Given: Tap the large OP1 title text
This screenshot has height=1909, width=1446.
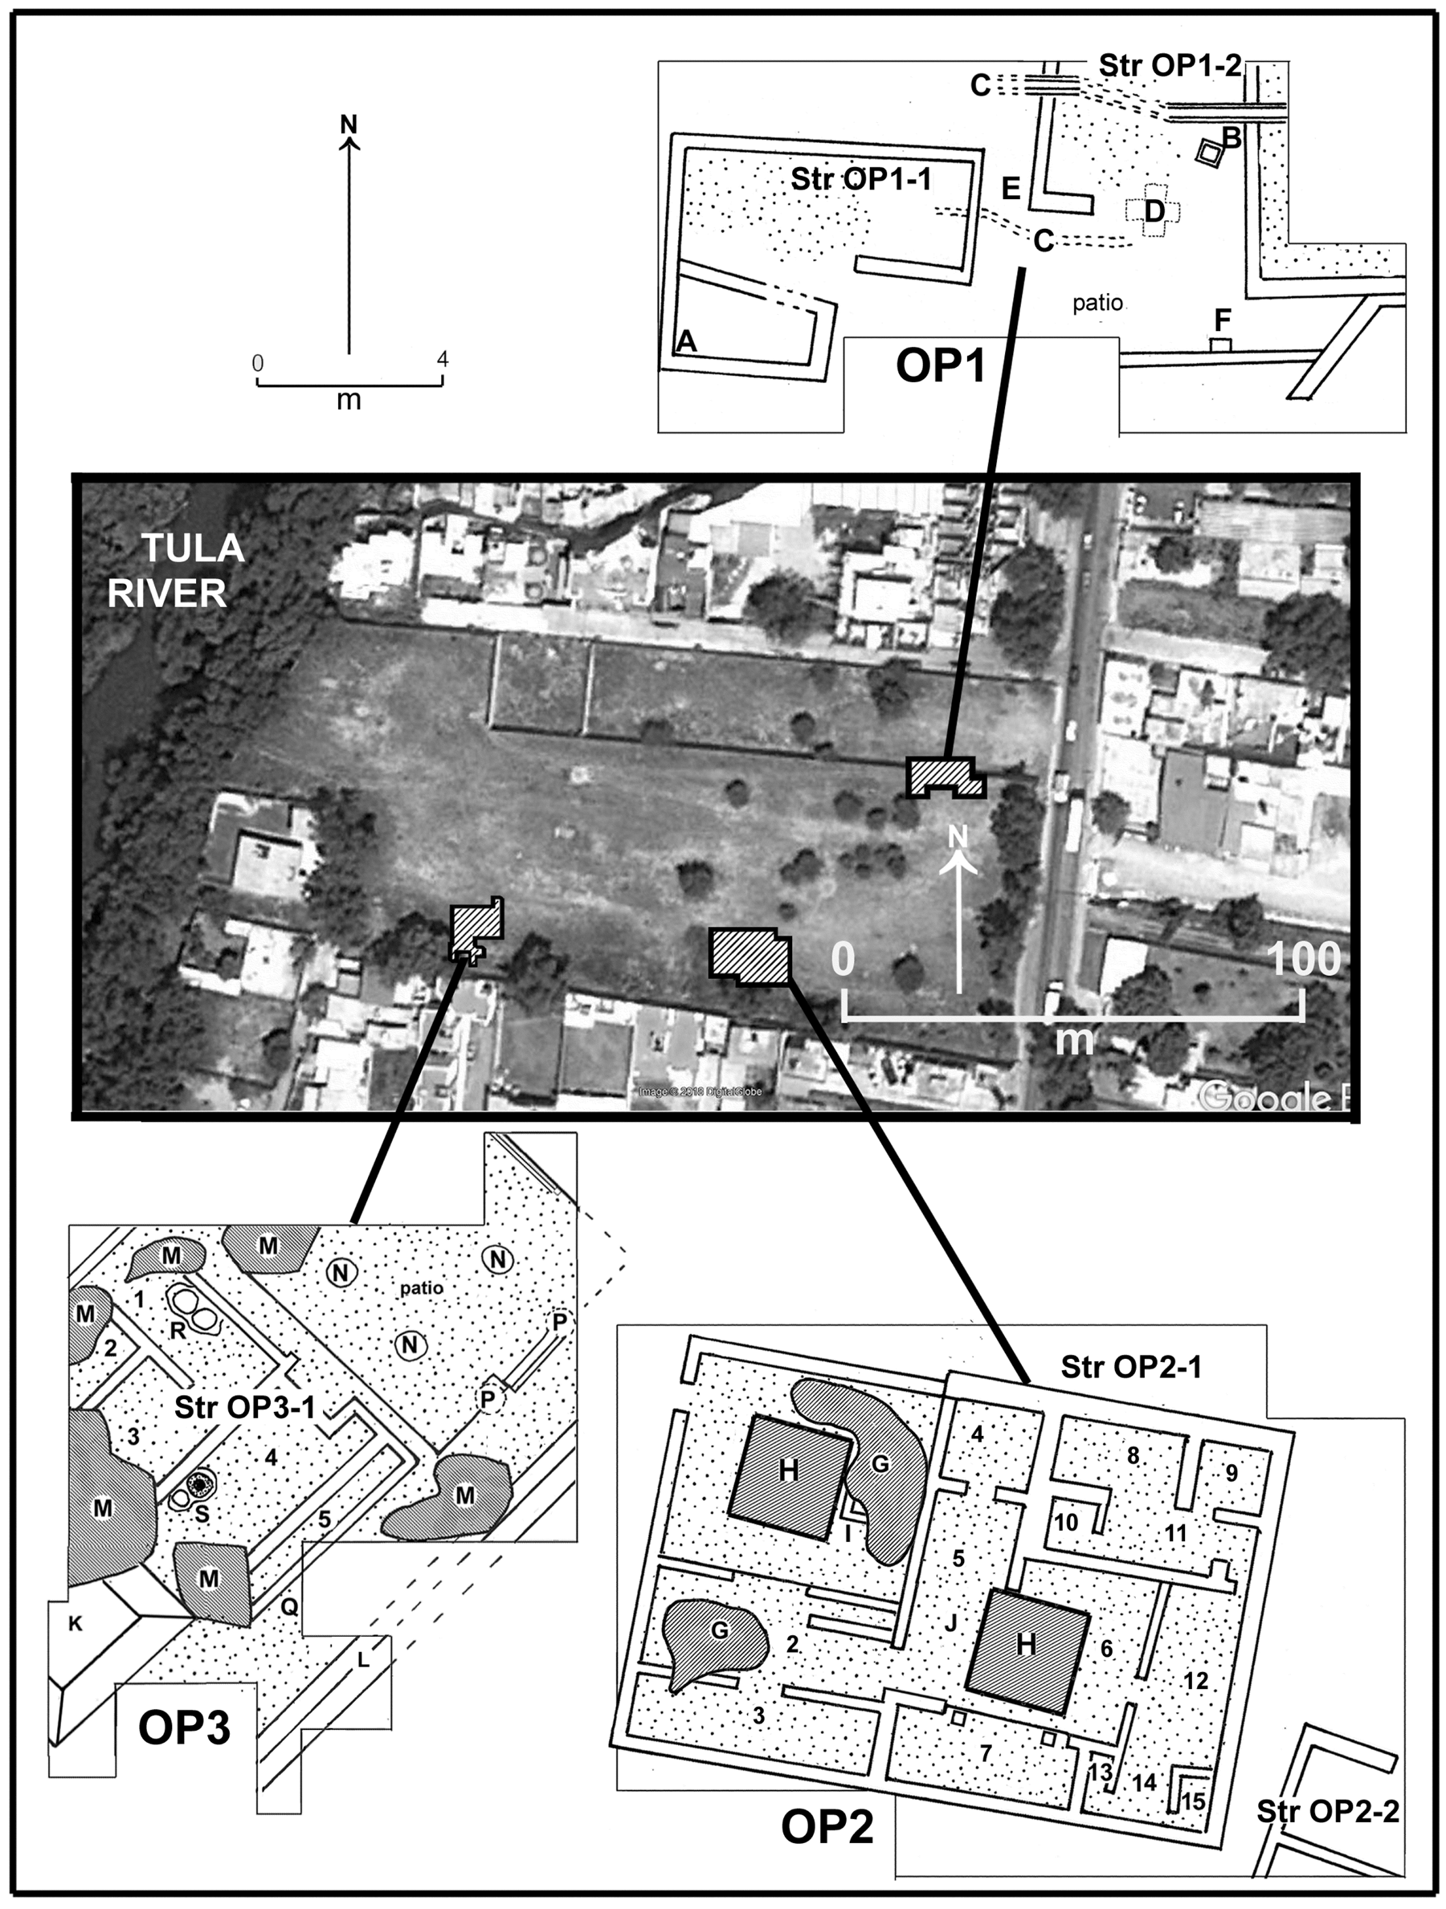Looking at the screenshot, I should tap(940, 368).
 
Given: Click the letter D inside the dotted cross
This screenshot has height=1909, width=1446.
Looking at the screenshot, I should tap(1154, 210).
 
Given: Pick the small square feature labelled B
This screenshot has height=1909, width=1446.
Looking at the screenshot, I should tap(1210, 153).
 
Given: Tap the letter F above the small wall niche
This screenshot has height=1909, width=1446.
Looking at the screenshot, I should tap(1223, 320).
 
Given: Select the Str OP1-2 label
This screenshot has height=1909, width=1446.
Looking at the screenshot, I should tap(1170, 67).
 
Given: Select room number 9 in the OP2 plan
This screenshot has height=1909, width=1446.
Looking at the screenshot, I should tap(1231, 1472).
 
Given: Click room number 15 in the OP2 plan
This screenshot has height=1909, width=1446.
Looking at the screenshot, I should tap(1193, 1801).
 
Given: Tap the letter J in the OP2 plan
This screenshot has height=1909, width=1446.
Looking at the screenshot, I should tap(950, 1623).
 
